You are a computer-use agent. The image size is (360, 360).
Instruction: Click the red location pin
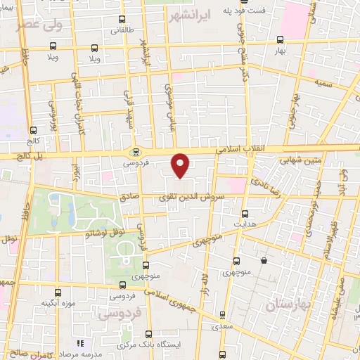coord(181,165)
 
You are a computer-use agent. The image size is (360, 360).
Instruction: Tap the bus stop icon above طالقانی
coord(122,19)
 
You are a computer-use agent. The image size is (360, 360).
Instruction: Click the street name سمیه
coord(324,84)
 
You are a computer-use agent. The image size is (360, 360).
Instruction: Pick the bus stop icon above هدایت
coord(245,213)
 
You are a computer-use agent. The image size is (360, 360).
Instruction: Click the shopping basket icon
coord(264,261)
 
